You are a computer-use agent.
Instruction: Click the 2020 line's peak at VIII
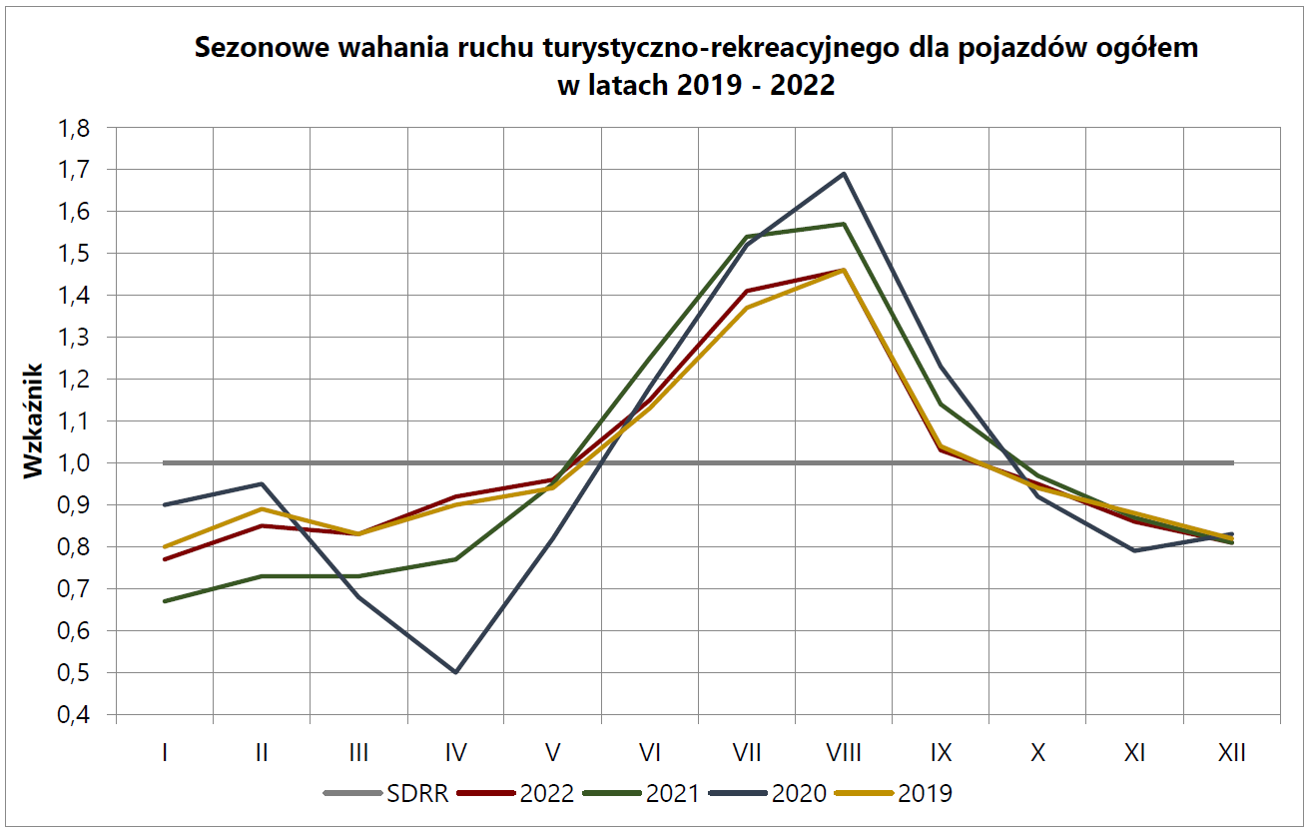click(845, 174)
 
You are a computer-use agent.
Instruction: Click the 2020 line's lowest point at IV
click(455, 672)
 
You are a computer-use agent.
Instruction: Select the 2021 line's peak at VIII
click(845, 224)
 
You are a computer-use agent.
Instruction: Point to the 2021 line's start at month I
click(164, 601)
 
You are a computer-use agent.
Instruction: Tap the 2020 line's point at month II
click(262, 484)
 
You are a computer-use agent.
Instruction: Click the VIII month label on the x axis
click(845, 752)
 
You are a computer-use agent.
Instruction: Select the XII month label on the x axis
click(1232, 752)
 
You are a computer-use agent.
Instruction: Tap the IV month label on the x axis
click(455, 752)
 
